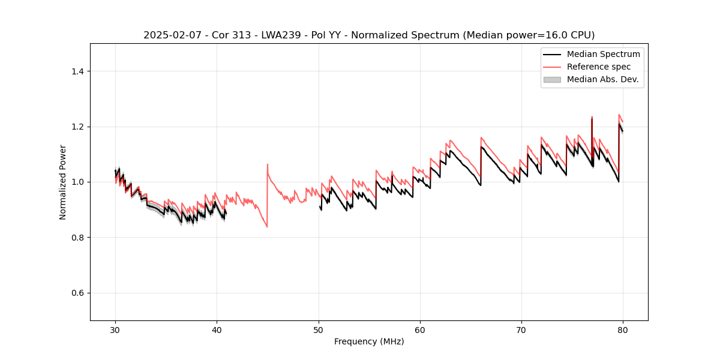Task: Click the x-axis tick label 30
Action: (x=115, y=330)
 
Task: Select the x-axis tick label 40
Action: (x=217, y=330)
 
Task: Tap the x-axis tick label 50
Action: (x=319, y=330)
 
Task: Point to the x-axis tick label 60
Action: (x=420, y=330)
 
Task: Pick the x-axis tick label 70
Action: (x=521, y=330)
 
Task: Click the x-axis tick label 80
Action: (x=623, y=330)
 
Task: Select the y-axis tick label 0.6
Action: (x=77, y=293)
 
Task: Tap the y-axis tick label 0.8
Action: (x=77, y=238)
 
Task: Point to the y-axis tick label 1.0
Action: (x=77, y=182)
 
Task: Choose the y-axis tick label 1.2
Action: (x=77, y=127)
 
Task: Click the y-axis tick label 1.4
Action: (x=77, y=71)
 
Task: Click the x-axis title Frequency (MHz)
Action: (x=369, y=341)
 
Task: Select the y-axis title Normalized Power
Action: (x=63, y=182)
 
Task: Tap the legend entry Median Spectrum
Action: (x=603, y=54)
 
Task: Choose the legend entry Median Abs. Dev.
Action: (x=602, y=79)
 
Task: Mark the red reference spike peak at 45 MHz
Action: (x=268, y=164)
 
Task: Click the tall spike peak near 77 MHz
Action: (x=592, y=117)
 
